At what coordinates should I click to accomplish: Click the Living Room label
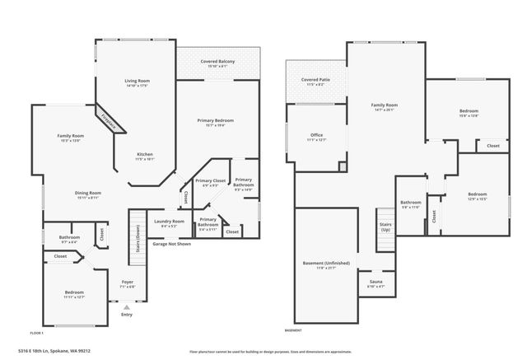tap(136, 81)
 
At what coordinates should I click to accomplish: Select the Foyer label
tap(128, 283)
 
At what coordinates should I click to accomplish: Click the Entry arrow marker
tap(127, 306)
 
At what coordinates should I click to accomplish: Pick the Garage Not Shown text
tap(172, 244)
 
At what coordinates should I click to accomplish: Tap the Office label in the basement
tap(316, 135)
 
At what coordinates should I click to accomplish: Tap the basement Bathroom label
tap(411, 203)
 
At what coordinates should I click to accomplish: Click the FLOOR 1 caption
tap(35, 333)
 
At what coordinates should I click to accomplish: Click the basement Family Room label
tap(385, 105)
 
